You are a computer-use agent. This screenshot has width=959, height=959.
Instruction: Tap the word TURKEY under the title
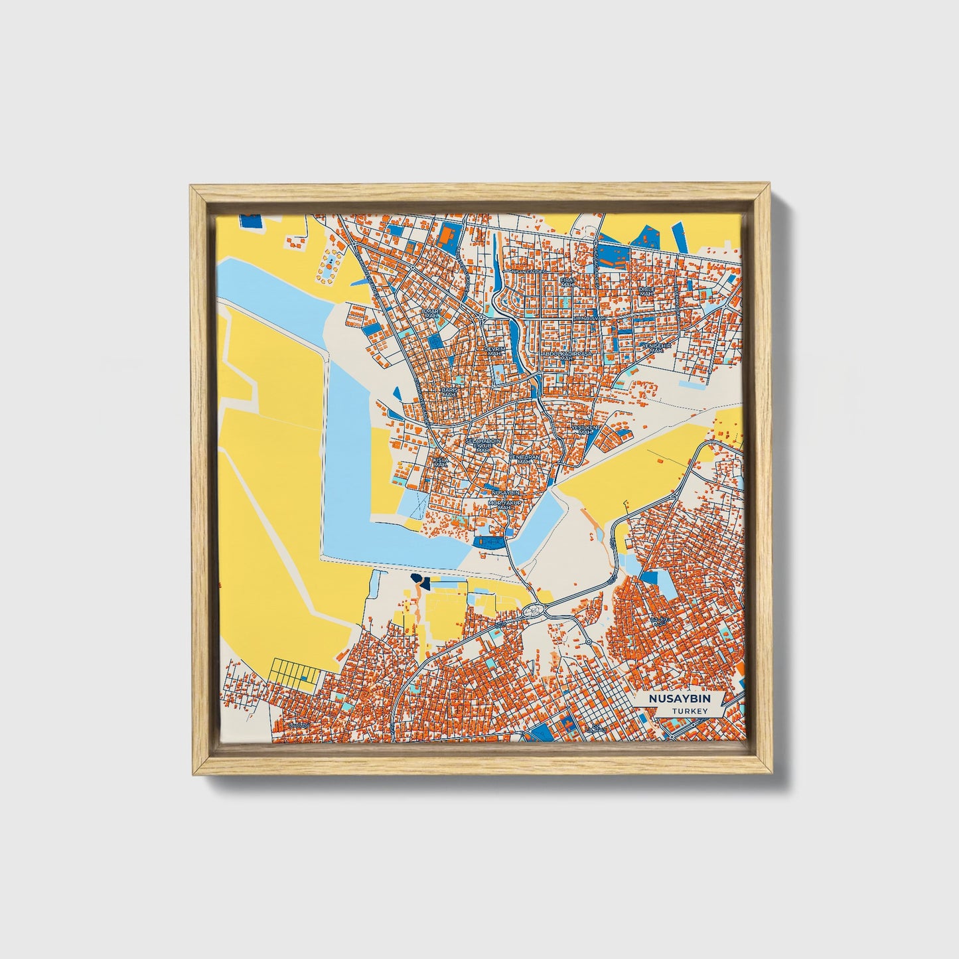pyautogui.click(x=690, y=711)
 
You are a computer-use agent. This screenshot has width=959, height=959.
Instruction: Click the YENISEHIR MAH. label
pyautogui.click(x=656, y=348)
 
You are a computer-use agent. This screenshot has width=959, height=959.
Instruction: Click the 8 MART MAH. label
pyautogui.click(x=431, y=313)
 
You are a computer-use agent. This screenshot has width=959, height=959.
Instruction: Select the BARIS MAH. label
pyautogui.click(x=450, y=392)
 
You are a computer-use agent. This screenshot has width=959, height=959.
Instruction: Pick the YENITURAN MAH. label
pyautogui.click(x=524, y=460)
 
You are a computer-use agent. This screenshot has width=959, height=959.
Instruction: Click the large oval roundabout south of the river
pyautogui.click(x=532, y=609)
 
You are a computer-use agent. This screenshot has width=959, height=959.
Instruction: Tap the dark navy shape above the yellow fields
pyautogui.click(x=419, y=582)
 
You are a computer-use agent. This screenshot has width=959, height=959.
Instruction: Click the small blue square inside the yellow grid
pyautogui.click(x=305, y=678)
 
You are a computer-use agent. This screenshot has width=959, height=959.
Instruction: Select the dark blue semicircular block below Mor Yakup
pyautogui.click(x=489, y=542)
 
